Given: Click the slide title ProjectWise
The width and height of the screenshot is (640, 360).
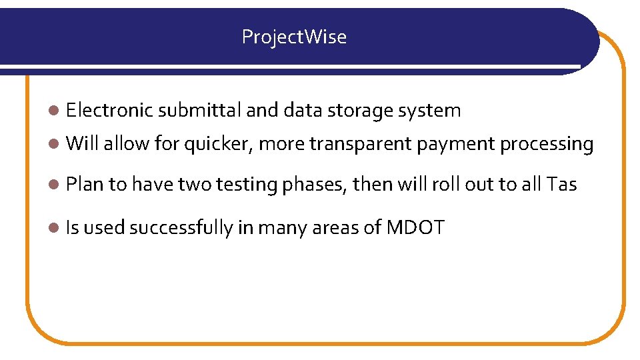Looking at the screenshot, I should (294, 37).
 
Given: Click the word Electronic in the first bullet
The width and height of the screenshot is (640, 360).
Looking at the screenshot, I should (109, 110).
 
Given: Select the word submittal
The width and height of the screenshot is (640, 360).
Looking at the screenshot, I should (200, 110).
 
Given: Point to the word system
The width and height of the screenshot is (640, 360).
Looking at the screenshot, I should (429, 111).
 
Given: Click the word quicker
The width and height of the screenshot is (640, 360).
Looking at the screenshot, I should (218, 144).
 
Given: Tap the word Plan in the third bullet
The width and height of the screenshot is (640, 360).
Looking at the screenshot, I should (85, 184).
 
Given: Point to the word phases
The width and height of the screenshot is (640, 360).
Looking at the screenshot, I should (315, 184).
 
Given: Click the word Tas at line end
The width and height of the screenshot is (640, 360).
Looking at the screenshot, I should (561, 184).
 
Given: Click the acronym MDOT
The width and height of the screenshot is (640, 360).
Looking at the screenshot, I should (415, 228).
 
